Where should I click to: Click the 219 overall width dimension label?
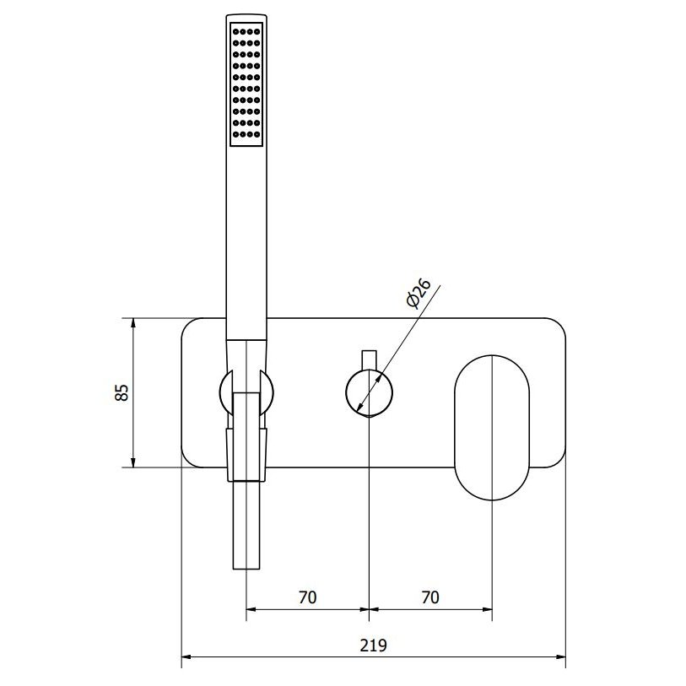coord(373,645)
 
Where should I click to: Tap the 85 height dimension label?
coord(122,392)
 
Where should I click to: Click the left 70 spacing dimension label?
coord(308,597)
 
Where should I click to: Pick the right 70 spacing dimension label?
coord(430,597)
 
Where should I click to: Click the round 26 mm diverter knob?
coord(370,392)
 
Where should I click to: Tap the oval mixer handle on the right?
coord(492,428)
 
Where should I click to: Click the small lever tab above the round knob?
coord(370,359)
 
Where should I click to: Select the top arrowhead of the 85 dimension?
coord(133,323)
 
